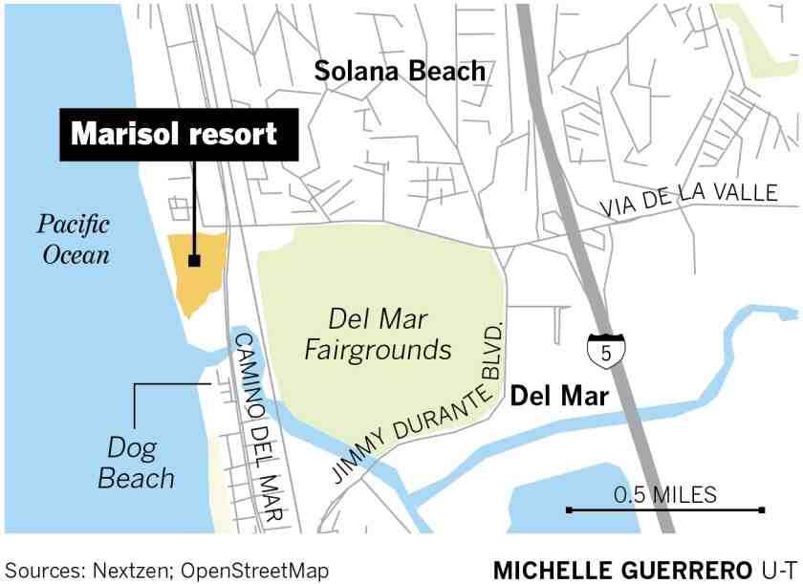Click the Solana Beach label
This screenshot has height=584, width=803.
click(400, 71)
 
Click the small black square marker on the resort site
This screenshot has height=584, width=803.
click(194, 260)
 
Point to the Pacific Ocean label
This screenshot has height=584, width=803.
click(74, 240)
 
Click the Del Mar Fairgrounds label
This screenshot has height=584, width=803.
click(378, 335)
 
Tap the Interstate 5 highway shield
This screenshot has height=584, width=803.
click(605, 352)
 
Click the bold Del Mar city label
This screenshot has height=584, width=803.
click(559, 395)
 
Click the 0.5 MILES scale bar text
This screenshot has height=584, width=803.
click(665, 494)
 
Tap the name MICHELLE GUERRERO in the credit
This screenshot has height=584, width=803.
click(621, 571)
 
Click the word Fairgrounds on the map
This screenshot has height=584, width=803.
click(378, 350)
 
